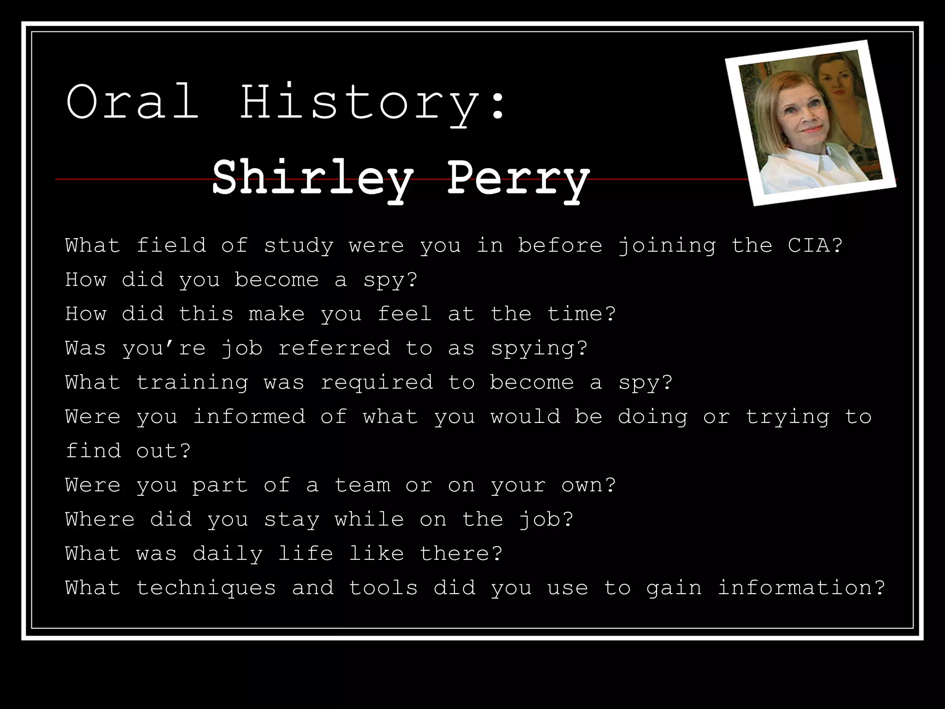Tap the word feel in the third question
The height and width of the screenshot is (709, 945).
(405, 314)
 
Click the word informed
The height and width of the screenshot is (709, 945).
(249, 417)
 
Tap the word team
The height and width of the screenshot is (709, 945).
(362, 485)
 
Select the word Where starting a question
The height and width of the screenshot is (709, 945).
(100, 519)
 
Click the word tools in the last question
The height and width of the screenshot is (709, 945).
(383, 588)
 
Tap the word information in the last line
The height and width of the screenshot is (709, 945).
(801, 588)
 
